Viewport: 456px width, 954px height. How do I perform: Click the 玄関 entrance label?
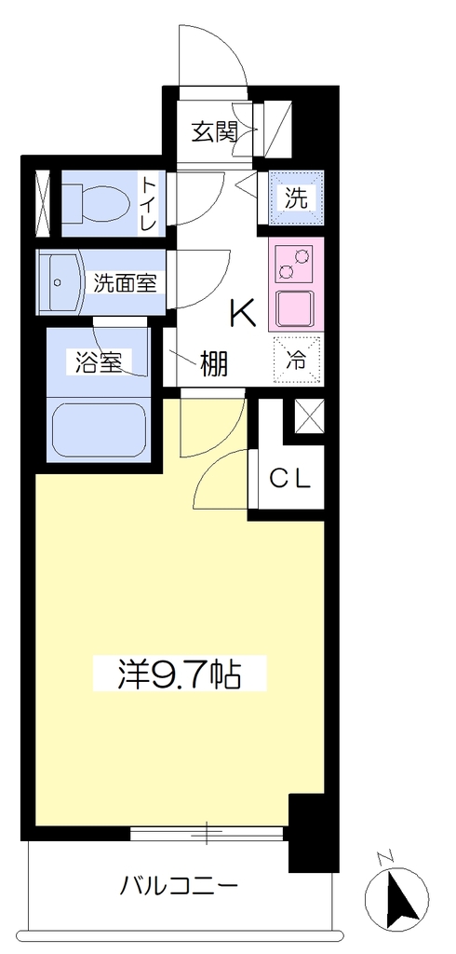click(x=213, y=131)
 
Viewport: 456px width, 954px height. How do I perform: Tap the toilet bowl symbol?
click(x=97, y=199)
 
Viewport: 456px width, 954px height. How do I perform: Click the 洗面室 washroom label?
click(x=126, y=283)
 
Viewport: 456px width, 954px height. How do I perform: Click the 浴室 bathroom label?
click(x=98, y=362)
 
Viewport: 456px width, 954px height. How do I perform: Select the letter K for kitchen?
click(x=241, y=314)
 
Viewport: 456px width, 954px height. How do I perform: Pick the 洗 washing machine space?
click(x=296, y=198)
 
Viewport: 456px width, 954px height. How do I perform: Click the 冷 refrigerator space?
click(x=296, y=361)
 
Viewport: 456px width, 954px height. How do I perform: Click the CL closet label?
click(x=290, y=480)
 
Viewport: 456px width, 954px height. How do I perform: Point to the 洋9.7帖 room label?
click(x=180, y=673)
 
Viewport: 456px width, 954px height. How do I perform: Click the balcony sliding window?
click(x=207, y=833)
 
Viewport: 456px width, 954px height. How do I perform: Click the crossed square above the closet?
click(x=308, y=416)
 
